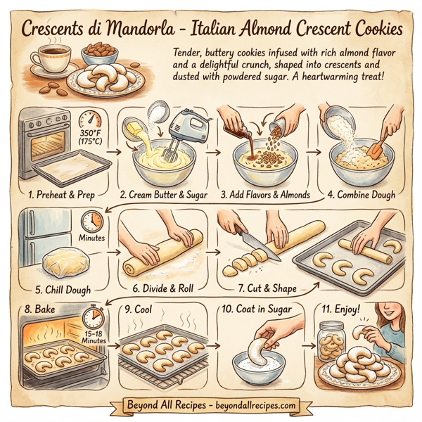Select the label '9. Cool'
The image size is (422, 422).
(x=139, y=308)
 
